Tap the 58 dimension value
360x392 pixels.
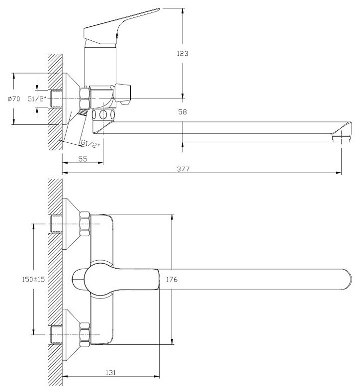(x=182, y=112)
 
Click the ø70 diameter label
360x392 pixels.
(x=13, y=99)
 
